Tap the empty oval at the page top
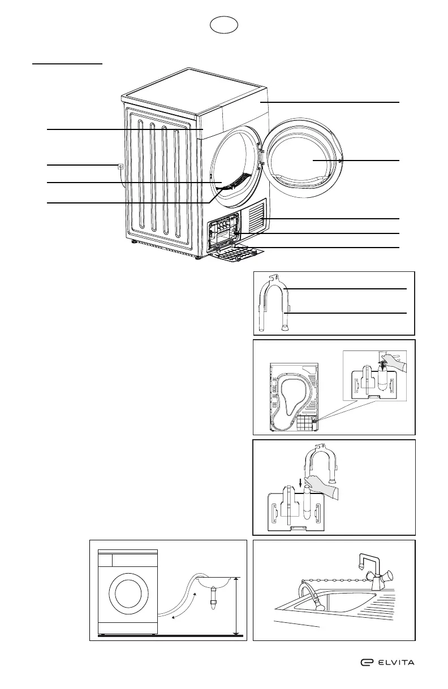(x=223, y=25)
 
